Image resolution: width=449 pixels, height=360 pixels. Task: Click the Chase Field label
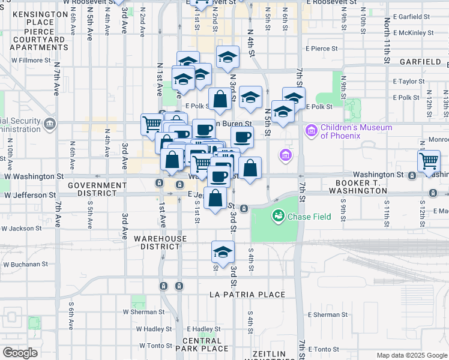click(x=306, y=216)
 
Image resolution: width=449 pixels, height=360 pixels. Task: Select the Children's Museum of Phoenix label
click(x=348, y=131)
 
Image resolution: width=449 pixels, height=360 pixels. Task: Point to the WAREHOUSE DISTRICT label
click(x=160, y=242)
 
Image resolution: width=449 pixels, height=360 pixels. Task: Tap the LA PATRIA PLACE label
click(x=247, y=295)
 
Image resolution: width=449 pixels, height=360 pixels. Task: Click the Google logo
click(x=20, y=353)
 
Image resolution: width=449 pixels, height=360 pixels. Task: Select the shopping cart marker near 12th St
click(x=429, y=161)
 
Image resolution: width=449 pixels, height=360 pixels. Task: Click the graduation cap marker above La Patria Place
click(x=223, y=252)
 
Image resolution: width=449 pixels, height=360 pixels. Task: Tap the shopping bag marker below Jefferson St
click(x=216, y=198)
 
